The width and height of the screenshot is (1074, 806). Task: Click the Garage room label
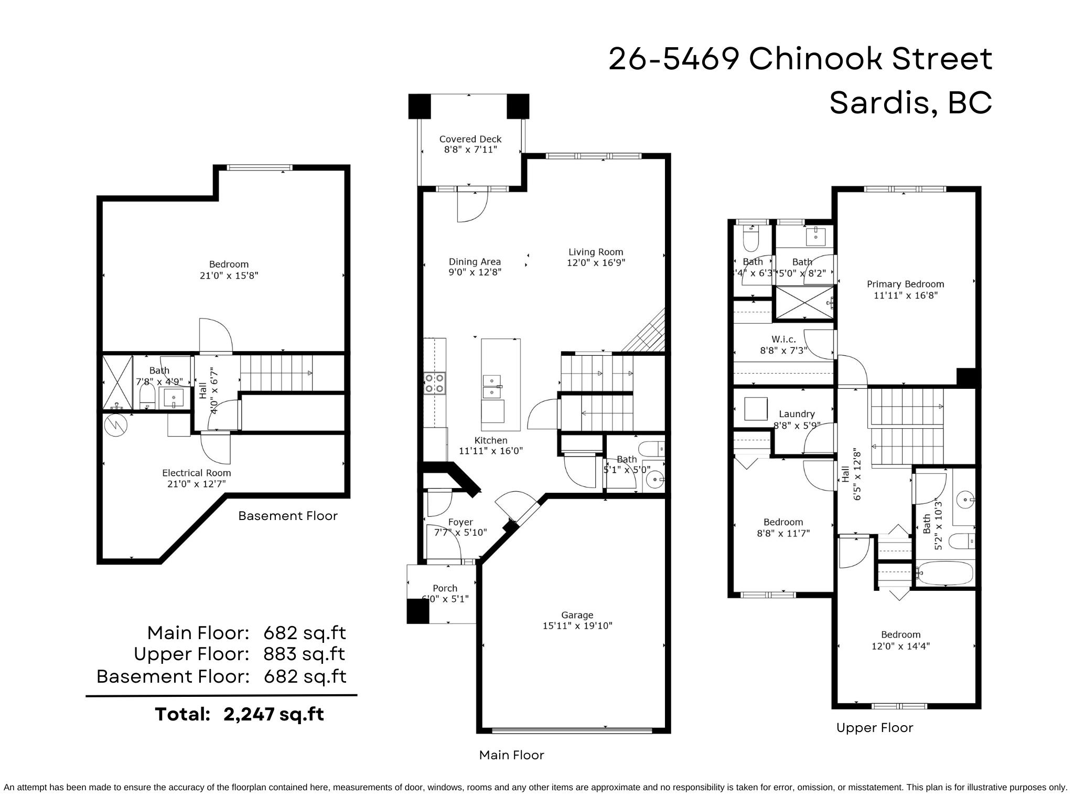pos(577,614)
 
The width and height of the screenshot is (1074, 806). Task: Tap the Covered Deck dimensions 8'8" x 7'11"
pos(470,150)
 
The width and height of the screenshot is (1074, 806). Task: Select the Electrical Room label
pos(196,473)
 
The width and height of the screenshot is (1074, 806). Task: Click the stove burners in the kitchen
pos(434,383)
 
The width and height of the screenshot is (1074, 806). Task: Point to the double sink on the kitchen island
pos(492,386)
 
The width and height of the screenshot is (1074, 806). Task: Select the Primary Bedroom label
pos(905,284)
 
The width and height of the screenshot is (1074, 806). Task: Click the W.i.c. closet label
pos(783,339)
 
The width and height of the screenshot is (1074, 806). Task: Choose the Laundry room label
pos(797,414)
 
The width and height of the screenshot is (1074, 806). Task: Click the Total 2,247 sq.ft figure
pos(239,714)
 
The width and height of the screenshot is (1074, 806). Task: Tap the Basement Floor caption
pos(287,516)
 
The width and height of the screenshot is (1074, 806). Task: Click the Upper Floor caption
pos(874,728)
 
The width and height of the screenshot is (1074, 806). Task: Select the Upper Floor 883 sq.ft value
pos(304,654)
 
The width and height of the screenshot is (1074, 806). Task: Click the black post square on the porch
pos(418,611)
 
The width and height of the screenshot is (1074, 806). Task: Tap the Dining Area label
pos(475,261)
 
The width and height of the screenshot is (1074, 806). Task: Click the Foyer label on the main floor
pos(460,522)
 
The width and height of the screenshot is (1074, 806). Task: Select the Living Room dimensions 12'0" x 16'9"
pos(596,263)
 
